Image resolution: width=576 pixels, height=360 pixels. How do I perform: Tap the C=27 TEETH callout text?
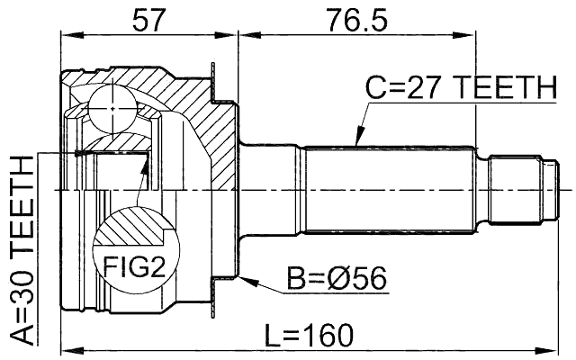460,89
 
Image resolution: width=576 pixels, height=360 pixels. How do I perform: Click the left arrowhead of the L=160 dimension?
66,347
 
